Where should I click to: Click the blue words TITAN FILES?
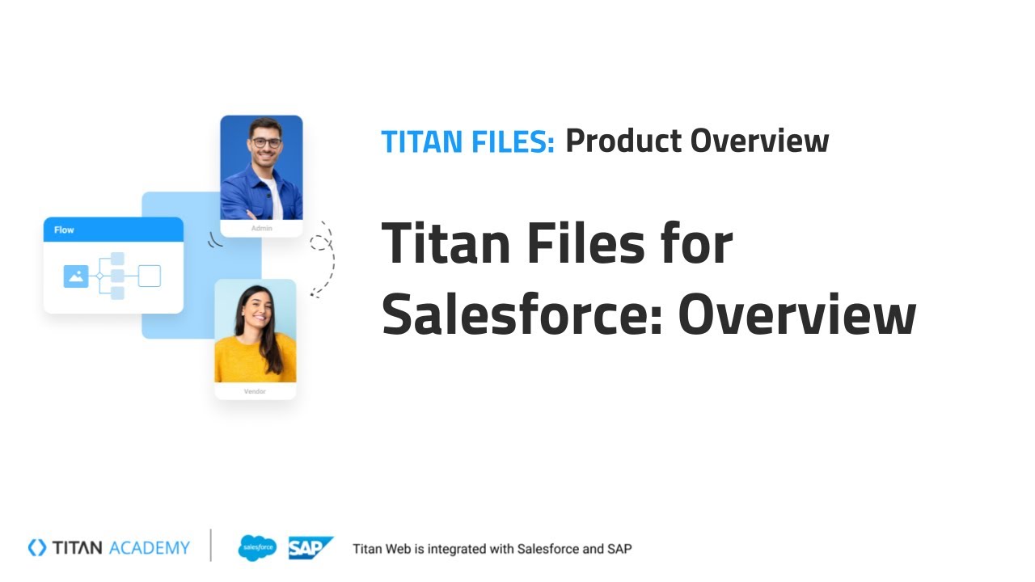click(467, 141)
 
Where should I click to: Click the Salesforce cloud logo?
click(257, 548)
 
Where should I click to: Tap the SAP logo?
click(310, 548)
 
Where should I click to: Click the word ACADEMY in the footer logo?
click(149, 548)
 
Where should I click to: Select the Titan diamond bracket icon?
click(37, 548)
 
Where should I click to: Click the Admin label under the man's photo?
click(261, 229)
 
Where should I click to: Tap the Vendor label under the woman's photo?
click(255, 391)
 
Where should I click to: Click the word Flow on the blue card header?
click(64, 230)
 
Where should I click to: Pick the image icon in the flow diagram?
click(76, 276)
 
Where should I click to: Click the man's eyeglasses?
click(265, 142)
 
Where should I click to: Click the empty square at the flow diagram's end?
click(150, 276)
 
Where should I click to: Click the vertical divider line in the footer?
click(211, 546)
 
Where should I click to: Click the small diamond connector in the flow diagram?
click(99, 276)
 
